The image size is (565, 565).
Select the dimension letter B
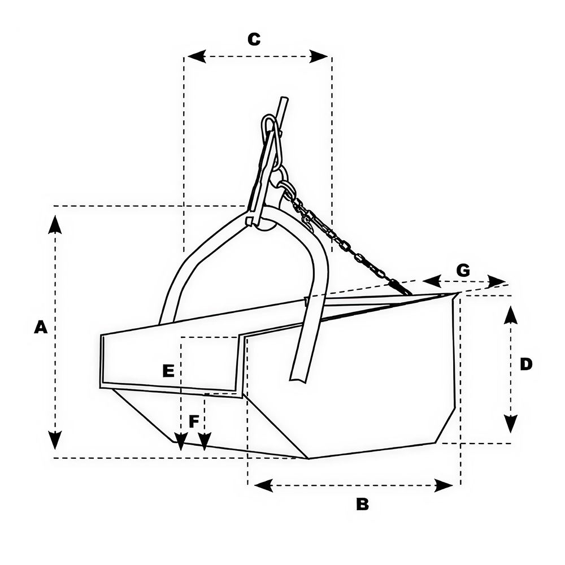click(362, 504)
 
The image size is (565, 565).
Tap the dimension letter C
click(254, 40)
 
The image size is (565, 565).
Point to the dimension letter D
click(526, 364)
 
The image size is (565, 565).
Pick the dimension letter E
click(168, 371)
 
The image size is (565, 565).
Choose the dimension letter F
click(194, 421)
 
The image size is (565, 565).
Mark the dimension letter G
click(463, 270)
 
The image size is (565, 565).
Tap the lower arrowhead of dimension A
click(55, 440)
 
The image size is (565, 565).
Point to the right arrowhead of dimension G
click(497, 281)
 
